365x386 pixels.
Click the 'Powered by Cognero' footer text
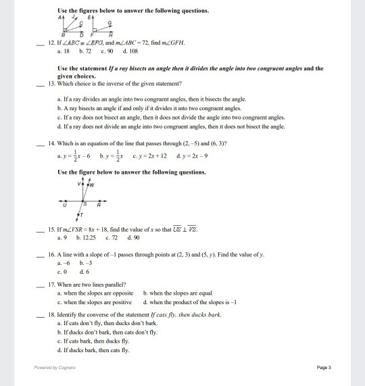coord(55,368)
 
